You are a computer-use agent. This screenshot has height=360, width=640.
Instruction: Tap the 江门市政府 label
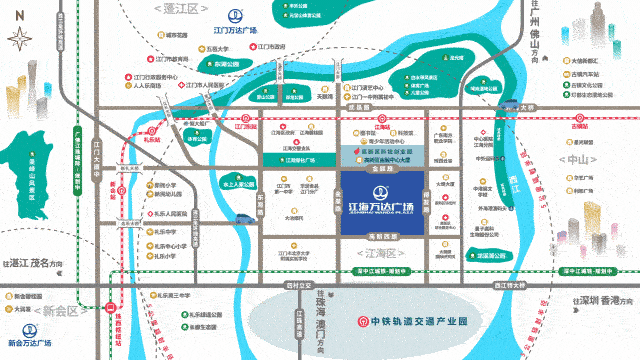268,46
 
